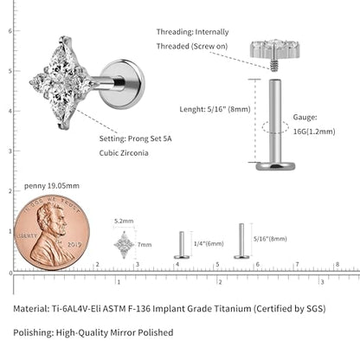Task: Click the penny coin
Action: [52, 233]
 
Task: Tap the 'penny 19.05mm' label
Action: [52, 186]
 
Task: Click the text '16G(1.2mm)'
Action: [314, 132]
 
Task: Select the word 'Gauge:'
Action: [305, 117]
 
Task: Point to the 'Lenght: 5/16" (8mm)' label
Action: [215, 109]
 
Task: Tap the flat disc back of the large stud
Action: [122, 84]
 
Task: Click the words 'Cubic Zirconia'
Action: [124, 153]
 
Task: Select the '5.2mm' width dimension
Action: [124, 222]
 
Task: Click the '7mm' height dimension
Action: [145, 245]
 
